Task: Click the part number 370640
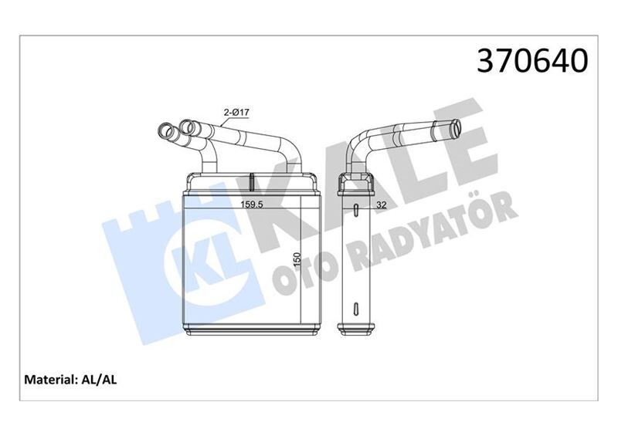tap(532, 61)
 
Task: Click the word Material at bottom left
tap(50, 380)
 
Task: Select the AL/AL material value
tap(98, 380)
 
